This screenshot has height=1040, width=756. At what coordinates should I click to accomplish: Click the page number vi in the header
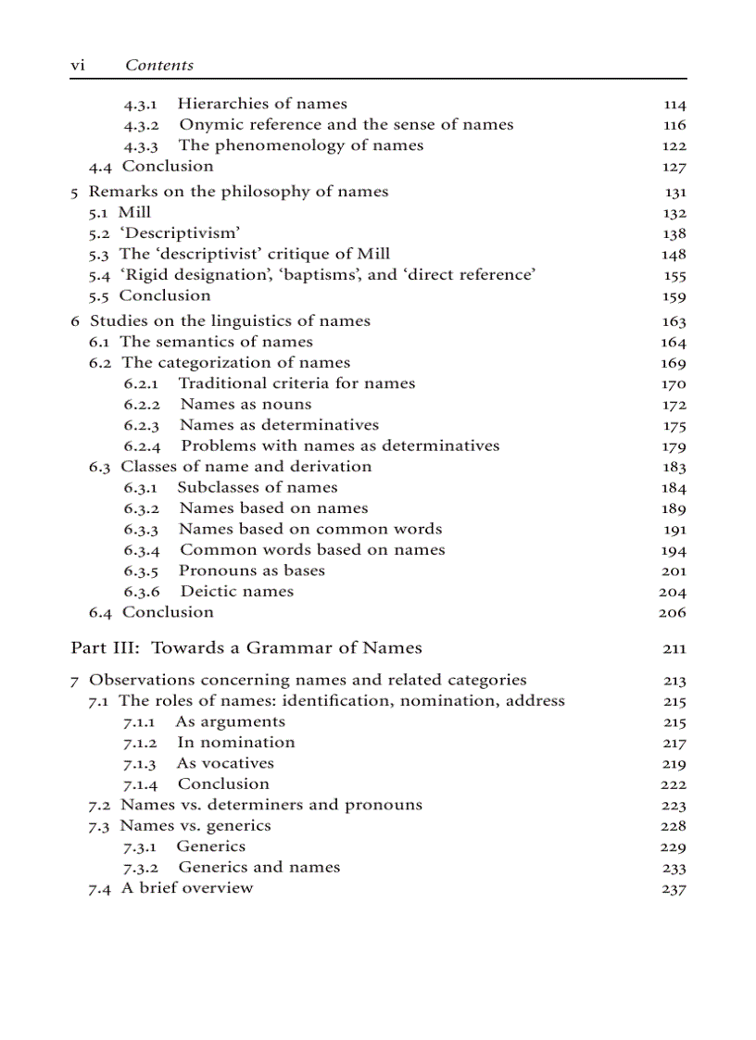pos(78,65)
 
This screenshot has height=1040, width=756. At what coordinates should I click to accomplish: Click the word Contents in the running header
pos(159,65)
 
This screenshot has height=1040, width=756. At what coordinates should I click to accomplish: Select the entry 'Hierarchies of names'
pos(262,104)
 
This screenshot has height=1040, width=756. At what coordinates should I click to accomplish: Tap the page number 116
pos(674,125)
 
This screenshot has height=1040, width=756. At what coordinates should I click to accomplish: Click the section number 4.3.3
pos(141,145)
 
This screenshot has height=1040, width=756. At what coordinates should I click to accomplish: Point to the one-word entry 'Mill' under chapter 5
pos(134,212)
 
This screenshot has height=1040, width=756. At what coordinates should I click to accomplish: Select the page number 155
pos(674,275)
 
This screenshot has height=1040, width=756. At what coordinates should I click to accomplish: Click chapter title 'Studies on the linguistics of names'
pos(230,320)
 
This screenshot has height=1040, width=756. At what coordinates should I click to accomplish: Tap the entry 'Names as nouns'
pos(246,404)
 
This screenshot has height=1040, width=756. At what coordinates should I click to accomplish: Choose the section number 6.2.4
pos(142,445)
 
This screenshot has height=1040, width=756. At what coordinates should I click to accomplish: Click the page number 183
pos(674,467)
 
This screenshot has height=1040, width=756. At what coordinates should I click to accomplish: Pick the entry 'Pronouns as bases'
pos(251,570)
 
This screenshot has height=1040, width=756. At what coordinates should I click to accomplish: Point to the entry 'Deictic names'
pos(236,591)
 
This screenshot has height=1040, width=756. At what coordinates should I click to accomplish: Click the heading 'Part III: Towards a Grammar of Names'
pos(246,647)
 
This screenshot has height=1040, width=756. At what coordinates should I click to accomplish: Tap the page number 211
pos(674,649)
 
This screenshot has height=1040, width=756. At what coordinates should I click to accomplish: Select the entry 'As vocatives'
pos(225,763)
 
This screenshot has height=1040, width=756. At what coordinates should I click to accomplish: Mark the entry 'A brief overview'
pos(187,887)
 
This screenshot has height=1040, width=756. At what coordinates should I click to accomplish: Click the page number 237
pos(674,889)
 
